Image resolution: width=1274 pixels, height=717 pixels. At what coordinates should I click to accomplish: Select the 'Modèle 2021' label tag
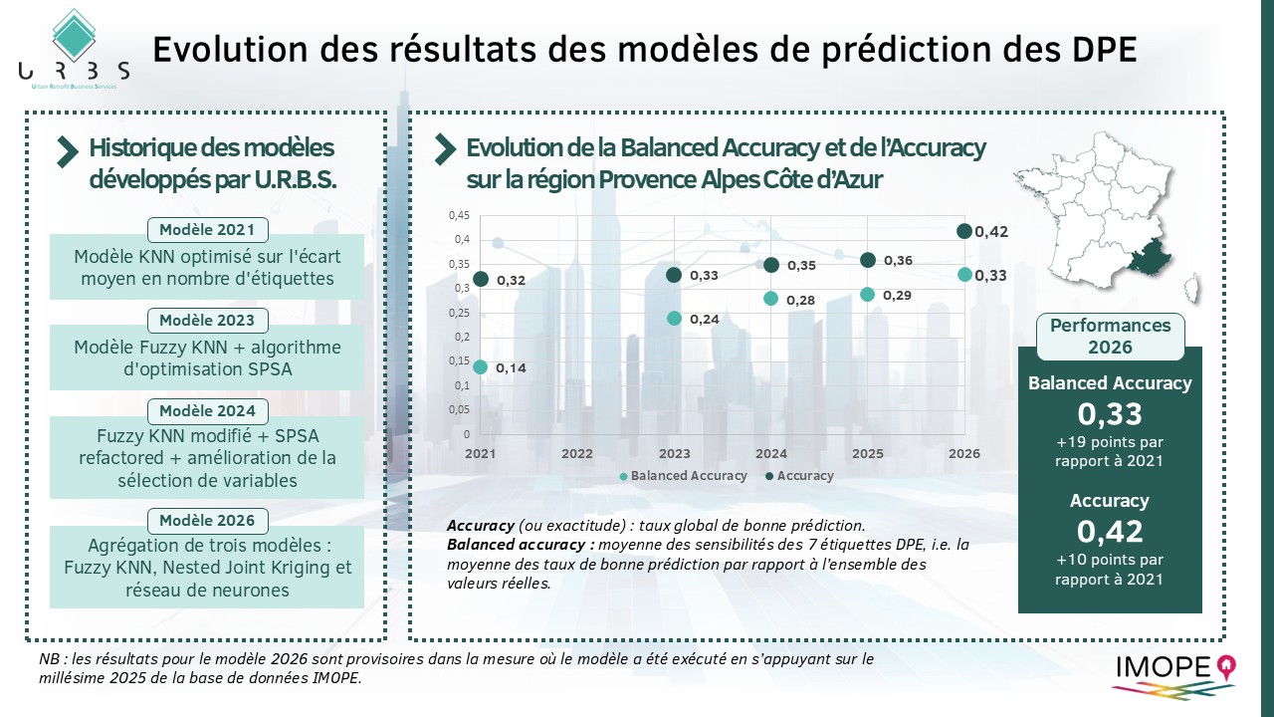(x=207, y=230)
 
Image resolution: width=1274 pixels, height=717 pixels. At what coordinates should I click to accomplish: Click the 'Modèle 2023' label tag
(x=207, y=321)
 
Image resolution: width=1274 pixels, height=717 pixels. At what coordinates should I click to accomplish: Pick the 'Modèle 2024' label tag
(x=207, y=410)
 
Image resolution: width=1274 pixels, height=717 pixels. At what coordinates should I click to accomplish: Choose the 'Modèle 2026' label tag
(x=207, y=520)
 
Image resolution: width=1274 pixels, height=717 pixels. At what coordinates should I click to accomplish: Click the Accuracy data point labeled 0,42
(x=963, y=231)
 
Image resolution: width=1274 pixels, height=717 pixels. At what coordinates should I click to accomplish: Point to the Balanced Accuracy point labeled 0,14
(x=480, y=367)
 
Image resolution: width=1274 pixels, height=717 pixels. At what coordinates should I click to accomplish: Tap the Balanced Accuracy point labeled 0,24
(x=674, y=319)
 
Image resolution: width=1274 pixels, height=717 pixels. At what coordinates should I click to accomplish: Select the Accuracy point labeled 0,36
(x=867, y=260)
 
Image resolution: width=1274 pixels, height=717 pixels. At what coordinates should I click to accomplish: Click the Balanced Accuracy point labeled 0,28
(x=770, y=299)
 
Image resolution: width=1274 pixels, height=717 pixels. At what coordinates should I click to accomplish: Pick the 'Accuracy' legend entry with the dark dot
(x=799, y=476)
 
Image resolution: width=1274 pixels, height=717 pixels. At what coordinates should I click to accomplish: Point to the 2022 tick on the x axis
(x=577, y=454)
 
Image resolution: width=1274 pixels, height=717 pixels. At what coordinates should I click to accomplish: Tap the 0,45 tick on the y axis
(x=459, y=215)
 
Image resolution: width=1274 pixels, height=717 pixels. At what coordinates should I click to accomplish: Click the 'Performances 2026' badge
(x=1111, y=337)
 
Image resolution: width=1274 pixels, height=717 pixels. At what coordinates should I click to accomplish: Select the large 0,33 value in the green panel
(x=1110, y=414)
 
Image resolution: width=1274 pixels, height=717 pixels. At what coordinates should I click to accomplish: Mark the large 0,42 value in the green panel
(x=1110, y=531)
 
